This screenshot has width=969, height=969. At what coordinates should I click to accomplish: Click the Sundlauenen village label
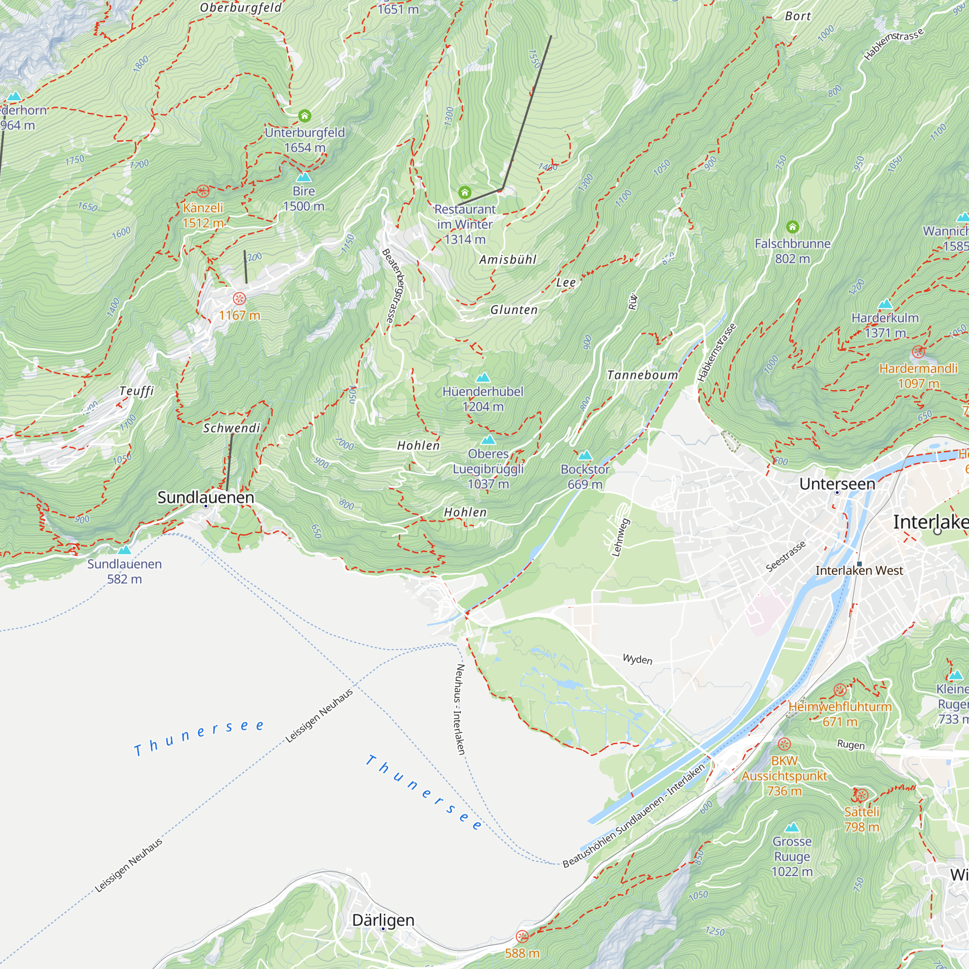205,497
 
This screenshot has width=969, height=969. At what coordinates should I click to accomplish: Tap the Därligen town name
383,920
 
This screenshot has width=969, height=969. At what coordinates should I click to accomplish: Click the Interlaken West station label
859,570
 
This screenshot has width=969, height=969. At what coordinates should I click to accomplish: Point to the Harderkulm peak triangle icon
885,304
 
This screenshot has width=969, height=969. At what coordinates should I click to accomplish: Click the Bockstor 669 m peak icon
585,455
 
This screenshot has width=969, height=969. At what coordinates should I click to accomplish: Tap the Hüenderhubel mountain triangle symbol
483,377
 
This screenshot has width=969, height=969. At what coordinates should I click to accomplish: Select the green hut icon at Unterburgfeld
304,116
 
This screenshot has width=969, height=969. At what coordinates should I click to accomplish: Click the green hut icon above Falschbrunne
793,227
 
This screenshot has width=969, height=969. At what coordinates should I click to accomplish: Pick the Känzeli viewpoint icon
203,190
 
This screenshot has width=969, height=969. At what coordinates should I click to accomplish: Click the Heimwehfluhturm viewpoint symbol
840,690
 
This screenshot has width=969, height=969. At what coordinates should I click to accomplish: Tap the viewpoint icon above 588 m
522,937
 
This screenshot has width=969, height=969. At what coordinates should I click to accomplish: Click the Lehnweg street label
620,538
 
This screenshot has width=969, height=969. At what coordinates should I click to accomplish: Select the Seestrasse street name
785,556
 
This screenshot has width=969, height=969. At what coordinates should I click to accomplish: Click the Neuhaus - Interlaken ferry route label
460,709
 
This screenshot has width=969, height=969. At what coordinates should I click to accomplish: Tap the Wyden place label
637,659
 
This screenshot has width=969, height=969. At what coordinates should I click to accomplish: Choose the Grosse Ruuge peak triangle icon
792,827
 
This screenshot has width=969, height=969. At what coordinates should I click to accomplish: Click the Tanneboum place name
642,375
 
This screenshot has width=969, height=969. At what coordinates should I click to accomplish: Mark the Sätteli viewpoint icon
861,796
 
